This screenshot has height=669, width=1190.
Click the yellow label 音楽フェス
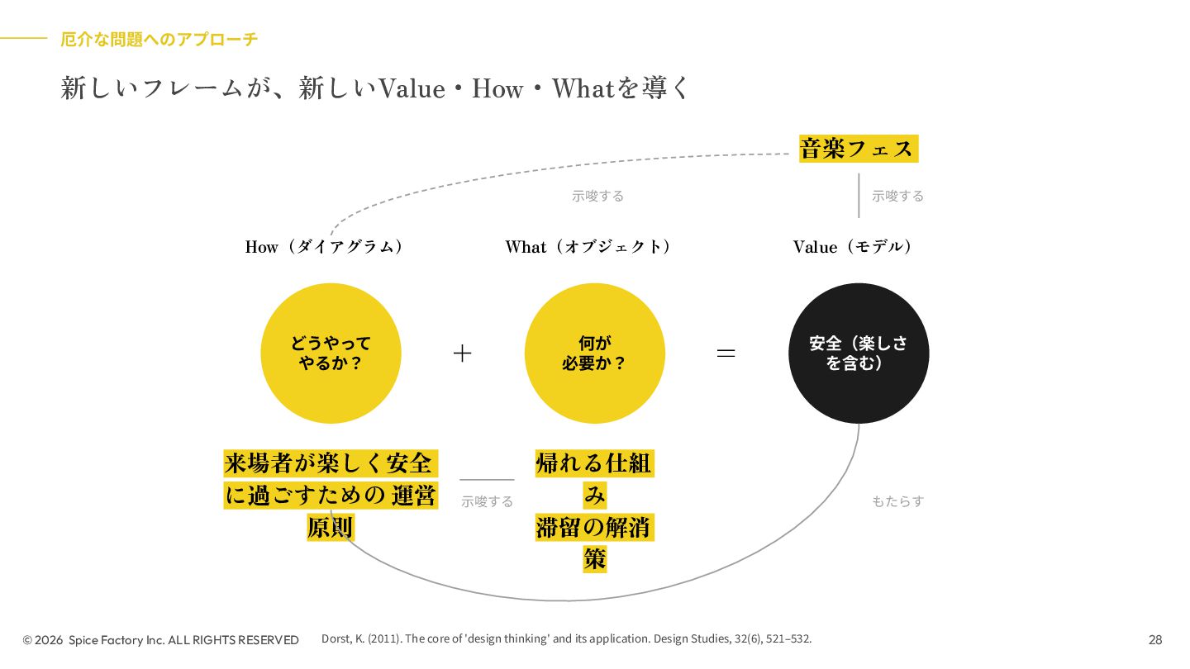[x=858, y=149]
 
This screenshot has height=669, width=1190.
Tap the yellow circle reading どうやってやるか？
[x=331, y=353]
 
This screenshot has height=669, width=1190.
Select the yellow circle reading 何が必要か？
[x=594, y=353]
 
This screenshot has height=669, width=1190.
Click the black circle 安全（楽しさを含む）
[x=859, y=353]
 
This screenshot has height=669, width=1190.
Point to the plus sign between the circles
[x=463, y=353]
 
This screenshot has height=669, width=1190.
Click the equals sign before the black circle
[x=726, y=353]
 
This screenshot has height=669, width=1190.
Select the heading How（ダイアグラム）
[x=325, y=247]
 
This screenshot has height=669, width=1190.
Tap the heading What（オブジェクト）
[x=588, y=247]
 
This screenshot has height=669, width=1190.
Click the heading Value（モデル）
[x=853, y=247]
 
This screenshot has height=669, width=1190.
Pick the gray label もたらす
[x=897, y=501]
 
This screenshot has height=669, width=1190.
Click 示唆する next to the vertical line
[x=897, y=197]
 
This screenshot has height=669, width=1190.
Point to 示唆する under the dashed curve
[x=597, y=197]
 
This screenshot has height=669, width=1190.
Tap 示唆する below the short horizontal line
[x=487, y=502]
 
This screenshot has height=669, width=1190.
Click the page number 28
[x=1155, y=640]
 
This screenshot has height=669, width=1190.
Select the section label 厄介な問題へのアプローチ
[x=159, y=39]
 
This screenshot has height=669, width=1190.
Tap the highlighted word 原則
[x=331, y=528]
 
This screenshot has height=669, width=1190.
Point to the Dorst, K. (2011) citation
[x=566, y=638]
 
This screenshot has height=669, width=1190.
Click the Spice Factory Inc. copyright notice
[x=161, y=640]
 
